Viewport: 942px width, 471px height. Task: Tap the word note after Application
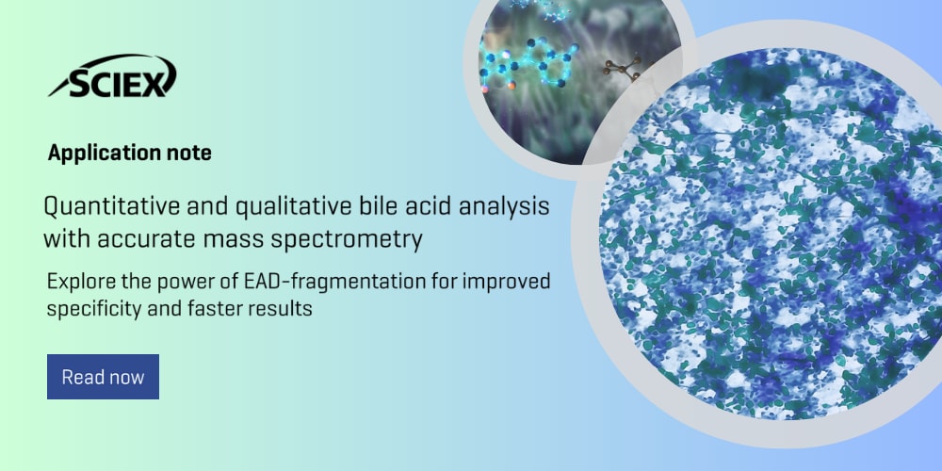186,153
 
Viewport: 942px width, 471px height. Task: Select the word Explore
77,282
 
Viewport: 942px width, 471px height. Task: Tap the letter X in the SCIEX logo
161,80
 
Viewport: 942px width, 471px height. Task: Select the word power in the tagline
192,282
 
